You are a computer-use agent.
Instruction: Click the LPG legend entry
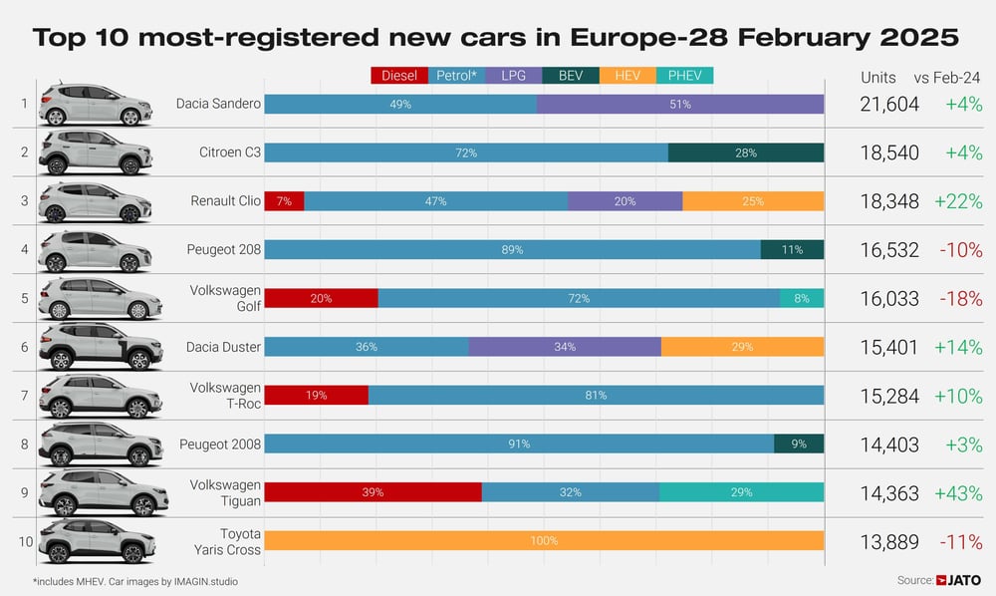[513, 75]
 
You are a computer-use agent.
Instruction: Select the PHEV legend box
[684, 75]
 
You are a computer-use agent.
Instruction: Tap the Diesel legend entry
[398, 75]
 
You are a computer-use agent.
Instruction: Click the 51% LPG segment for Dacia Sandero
[680, 104]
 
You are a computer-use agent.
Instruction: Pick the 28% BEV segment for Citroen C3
[746, 152]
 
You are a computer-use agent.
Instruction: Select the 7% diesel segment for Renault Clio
[284, 201]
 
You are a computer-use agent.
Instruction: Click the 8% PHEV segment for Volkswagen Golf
[802, 298]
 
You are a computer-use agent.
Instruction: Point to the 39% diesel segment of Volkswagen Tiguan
[373, 492]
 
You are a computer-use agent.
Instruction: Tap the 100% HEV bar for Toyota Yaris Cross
[544, 541]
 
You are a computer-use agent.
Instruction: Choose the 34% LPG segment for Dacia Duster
[565, 347]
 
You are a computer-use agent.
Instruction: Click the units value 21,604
[888, 104]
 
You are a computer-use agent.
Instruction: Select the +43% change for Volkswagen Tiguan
[958, 492]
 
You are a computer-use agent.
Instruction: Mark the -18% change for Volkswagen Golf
[958, 298]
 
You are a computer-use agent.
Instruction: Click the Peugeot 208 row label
[225, 249]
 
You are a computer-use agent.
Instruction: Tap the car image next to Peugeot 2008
[100, 444]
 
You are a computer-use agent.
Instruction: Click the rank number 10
[23, 541]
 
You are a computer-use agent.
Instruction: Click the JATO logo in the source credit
[962, 580]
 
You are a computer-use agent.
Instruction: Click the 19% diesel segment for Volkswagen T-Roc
[316, 395]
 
